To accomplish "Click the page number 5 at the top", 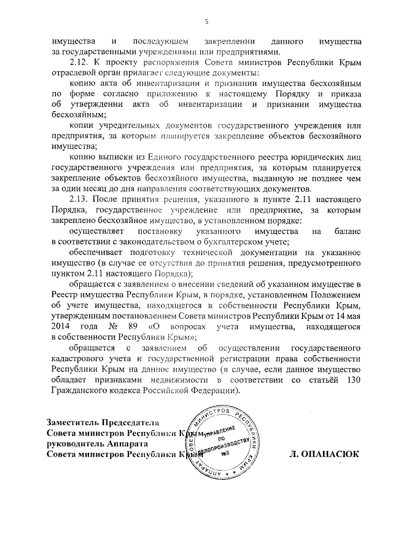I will pos(207,22).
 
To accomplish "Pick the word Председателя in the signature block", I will pos(131,422).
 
